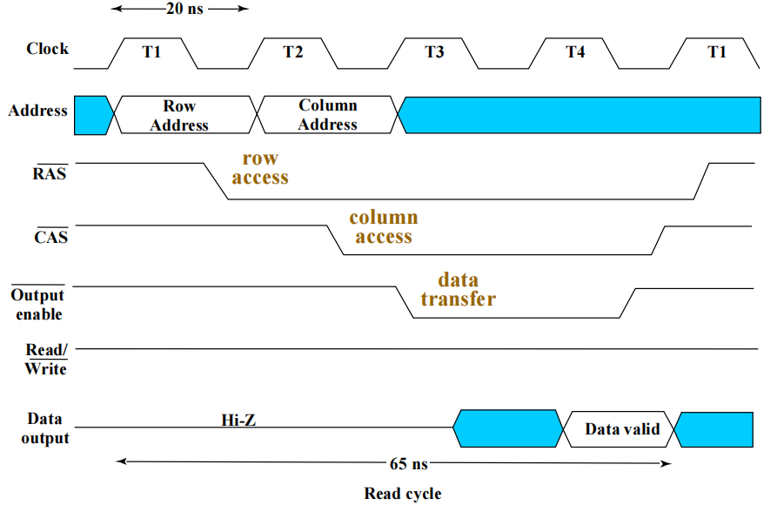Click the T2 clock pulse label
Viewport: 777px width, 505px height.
tap(293, 52)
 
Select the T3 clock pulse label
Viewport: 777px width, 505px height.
tap(434, 52)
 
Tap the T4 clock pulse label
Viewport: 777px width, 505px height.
tap(575, 52)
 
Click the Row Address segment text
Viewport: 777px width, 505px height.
tap(179, 116)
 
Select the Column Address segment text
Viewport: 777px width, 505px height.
tap(328, 115)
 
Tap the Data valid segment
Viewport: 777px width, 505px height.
tap(622, 429)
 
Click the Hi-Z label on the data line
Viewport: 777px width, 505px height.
tap(238, 421)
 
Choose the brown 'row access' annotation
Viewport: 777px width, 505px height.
tap(260, 168)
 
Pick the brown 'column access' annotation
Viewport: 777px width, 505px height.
tap(384, 226)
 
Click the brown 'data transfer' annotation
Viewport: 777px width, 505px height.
tap(458, 290)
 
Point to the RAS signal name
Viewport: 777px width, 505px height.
tap(50, 172)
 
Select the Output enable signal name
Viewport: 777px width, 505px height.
tap(38, 304)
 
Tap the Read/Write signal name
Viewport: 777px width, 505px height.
tap(46, 360)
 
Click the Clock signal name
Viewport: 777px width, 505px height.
tap(47, 49)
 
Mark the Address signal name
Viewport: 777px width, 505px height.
tap(37, 111)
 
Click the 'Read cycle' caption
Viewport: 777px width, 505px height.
tap(402, 494)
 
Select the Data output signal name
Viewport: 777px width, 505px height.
tap(44, 428)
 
